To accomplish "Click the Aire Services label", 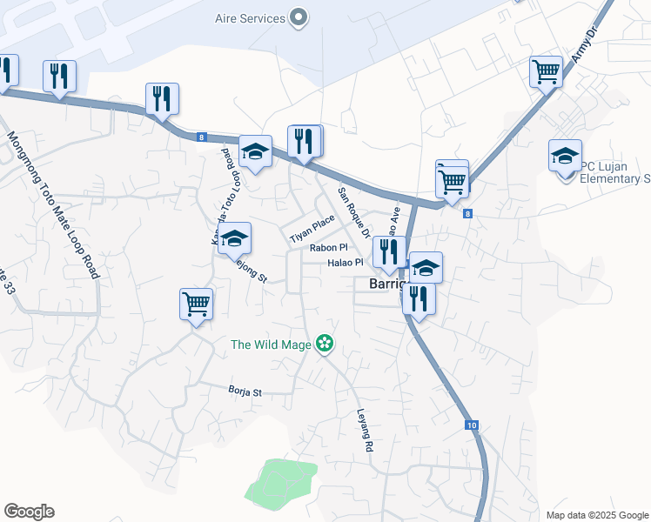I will (x=250, y=18).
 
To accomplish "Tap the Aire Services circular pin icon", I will (x=299, y=17).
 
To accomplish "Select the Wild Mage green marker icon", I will (x=325, y=345).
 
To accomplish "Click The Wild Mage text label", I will (x=271, y=345).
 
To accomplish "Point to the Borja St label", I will (x=245, y=391).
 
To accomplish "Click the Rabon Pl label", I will (x=329, y=248).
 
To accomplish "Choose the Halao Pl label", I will (x=346, y=263).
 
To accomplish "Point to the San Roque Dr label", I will (x=354, y=213).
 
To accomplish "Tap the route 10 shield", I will (x=471, y=425).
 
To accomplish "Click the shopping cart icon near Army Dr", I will (x=546, y=70).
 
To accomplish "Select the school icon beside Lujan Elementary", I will (x=565, y=156).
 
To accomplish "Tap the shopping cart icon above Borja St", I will (x=197, y=304).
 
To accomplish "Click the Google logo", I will (x=29, y=512).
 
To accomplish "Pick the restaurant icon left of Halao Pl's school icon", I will (x=388, y=251).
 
